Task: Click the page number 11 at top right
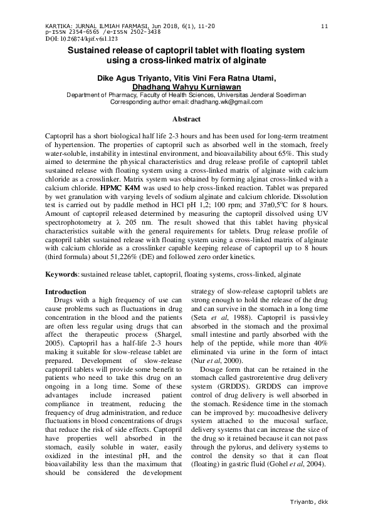[x=324, y=26]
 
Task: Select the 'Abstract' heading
[x=186, y=119]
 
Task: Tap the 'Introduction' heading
[x=66, y=292]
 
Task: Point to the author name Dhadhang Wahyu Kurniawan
[x=186, y=87]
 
